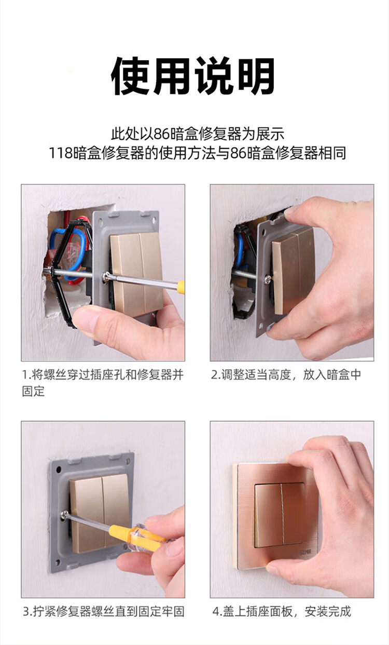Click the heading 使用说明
[192, 76]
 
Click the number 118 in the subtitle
[60, 153]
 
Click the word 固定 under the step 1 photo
[33, 392]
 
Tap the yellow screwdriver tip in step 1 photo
[181, 287]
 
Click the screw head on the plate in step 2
[268, 278]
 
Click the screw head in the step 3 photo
[65, 514]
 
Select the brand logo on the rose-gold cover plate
[305, 552]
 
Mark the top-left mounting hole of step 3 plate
[60, 470]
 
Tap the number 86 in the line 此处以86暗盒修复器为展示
[162, 134]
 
